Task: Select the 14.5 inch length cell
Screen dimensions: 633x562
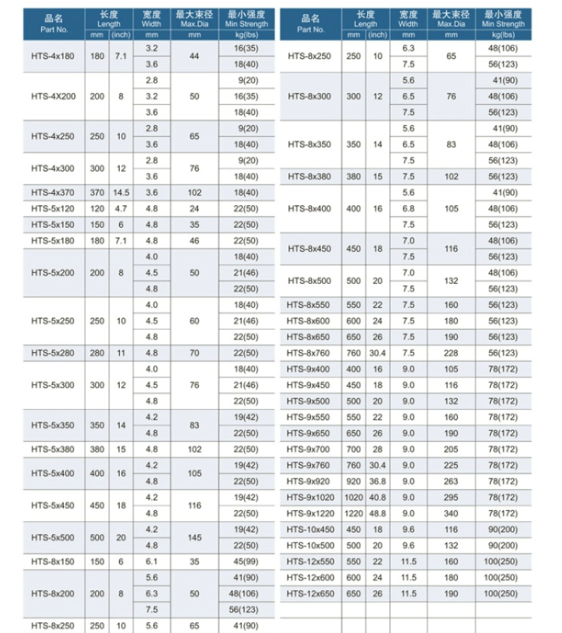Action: pyautogui.click(x=121, y=193)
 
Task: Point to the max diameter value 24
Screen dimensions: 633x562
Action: pyautogui.click(x=195, y=208)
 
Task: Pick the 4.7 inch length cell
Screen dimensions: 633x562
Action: pyautogui.click(x=121, y=208)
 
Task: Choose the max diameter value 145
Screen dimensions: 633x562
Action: pyautogui.click(x=195, y=538)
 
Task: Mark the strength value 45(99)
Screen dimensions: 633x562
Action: pyautogui.click(x=245, y=561)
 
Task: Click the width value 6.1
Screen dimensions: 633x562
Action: pyautogui.click(x=151, y=561)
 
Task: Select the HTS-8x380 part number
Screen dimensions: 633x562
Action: pyautogui.click(x=309, y=177)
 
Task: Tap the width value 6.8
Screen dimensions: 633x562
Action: pyautogui.click(x=408, y=208)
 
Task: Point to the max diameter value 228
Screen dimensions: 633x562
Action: pyautogui.click(x=451, y=353)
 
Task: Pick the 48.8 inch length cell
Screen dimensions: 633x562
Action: pyautogui.click(x=378, y=513)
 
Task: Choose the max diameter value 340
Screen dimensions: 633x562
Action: pyautogui.click(x=451, y=513)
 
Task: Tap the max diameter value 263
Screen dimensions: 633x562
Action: pyautogui.click(x=451, y=481)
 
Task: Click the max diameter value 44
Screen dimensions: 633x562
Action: pyautogui.click(x=195, y=56)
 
